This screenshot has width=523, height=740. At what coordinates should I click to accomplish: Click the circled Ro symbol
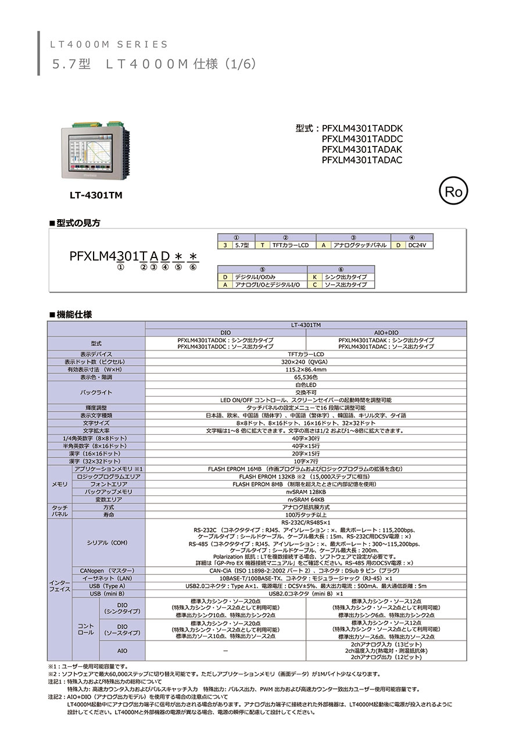click(453, 192)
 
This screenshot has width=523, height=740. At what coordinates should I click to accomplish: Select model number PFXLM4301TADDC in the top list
click(361, 139)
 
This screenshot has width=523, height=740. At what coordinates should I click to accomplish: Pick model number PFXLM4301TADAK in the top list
click(361, 149)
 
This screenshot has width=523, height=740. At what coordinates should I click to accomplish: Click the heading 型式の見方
click(78, 223)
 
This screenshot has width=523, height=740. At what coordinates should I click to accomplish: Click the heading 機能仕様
click(74, 314)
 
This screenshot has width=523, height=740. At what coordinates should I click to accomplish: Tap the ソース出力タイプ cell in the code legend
click(348, 285)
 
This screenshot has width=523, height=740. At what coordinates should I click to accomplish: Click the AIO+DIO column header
click(386, 332)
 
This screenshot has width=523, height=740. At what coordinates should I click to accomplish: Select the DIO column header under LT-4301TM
click(225, 332)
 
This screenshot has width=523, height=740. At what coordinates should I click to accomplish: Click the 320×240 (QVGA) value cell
click(306, 362)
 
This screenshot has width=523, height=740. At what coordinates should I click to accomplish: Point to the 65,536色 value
click(306, 377)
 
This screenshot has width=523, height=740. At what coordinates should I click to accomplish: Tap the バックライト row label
click(96, 392)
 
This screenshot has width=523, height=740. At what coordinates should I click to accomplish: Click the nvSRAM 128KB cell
click(306, 492)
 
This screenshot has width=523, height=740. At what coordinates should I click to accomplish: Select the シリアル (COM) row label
click(108, 542)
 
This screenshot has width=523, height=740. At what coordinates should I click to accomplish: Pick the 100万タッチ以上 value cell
click(306, 515)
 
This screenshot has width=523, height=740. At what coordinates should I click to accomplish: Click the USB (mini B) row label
click(108, 594)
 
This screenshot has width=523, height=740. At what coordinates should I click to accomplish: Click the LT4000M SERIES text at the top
click(109, 44)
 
